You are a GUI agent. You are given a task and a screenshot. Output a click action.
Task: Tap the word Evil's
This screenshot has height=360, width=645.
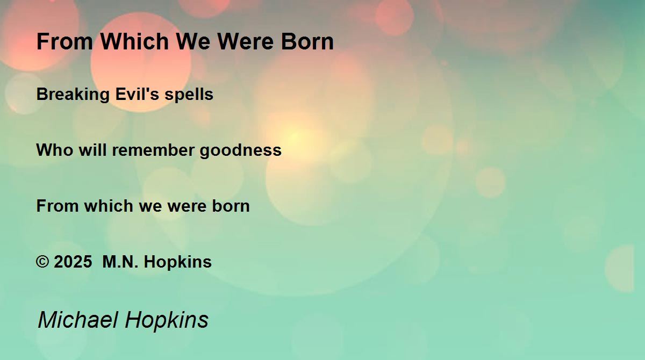(x=137, y=94)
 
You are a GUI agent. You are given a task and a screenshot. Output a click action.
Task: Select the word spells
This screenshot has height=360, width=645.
(x=189, y=95)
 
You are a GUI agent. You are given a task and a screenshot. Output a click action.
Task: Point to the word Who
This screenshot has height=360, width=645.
(x=55, y=150)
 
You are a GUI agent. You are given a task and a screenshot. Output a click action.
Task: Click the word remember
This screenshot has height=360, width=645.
(x=153, y=150)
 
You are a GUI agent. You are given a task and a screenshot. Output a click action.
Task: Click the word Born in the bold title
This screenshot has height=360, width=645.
(x=307, y=41)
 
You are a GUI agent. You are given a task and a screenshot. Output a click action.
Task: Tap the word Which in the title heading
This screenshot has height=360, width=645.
(x=134, y=41)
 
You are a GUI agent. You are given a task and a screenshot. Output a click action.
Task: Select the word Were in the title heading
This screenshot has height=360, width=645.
(x=245, y=41)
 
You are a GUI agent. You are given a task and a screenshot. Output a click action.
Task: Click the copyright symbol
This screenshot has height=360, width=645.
(x=42, y=262)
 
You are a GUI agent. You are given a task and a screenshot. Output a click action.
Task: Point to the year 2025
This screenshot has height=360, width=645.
(x=73, y=262)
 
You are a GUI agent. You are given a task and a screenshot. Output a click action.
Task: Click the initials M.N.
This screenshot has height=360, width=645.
(x=120, y=262)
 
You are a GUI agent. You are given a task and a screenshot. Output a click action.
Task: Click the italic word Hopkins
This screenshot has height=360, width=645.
(x=167, y=321)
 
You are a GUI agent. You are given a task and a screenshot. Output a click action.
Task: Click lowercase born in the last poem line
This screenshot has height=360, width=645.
(x=231, y=206)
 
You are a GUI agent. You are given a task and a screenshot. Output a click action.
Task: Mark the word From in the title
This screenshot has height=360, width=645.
(x=64, y=41)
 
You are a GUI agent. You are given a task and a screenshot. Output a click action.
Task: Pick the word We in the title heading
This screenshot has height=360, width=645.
(x=192, y=41)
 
